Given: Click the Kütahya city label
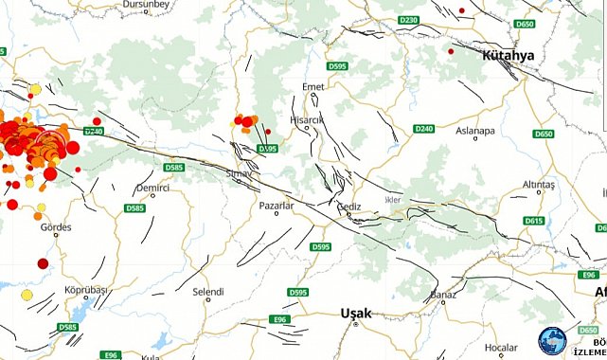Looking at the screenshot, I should pos(508,55).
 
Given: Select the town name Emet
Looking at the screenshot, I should pos(312,87).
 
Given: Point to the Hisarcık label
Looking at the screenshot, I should pos(309,120).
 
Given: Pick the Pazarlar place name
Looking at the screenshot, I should pos(277,205).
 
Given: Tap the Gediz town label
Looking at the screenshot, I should pos(348,205).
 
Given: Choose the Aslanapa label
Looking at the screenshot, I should pos(474,131).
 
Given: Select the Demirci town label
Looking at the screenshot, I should pos(152,189).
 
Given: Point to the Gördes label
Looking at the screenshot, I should pos(57,227).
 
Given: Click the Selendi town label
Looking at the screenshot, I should pos(207,291).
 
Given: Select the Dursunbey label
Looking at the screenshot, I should pos(145,5).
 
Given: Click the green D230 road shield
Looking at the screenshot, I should pos(409,20).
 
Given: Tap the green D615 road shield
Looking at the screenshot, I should pos(534,221).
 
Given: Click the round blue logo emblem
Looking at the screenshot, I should pos(551,342).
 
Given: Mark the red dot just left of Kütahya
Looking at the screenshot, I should pos(451,51).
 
